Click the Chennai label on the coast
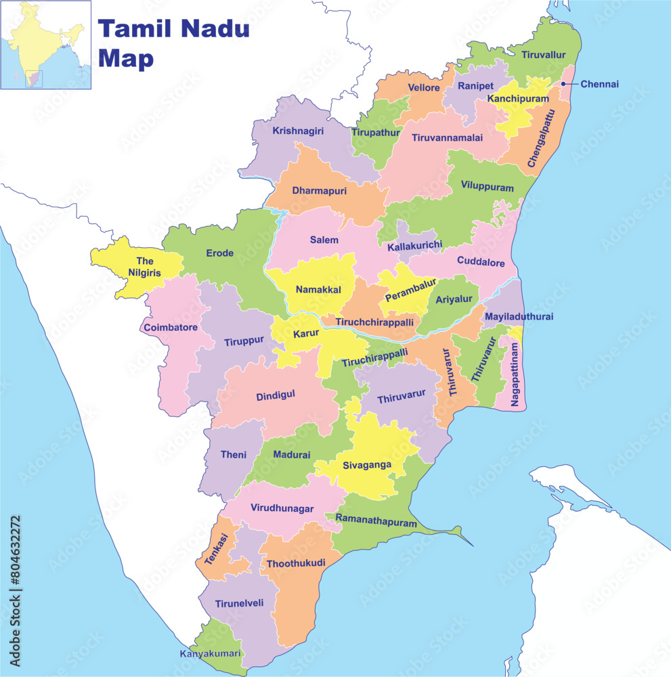pos(599,85)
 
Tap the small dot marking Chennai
pos(563,84)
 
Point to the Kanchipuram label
pos(518,99)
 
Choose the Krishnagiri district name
pos(298,131)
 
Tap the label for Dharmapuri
pos(320,191)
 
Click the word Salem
pos(324,240)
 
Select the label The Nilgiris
pos(145,267)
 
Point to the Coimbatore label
pos(170,328)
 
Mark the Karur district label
pos(305,334)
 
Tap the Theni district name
pos(234,455)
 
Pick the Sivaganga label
pos(366,466)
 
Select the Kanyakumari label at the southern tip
pos(210,654)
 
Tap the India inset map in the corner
pos(45,45)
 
